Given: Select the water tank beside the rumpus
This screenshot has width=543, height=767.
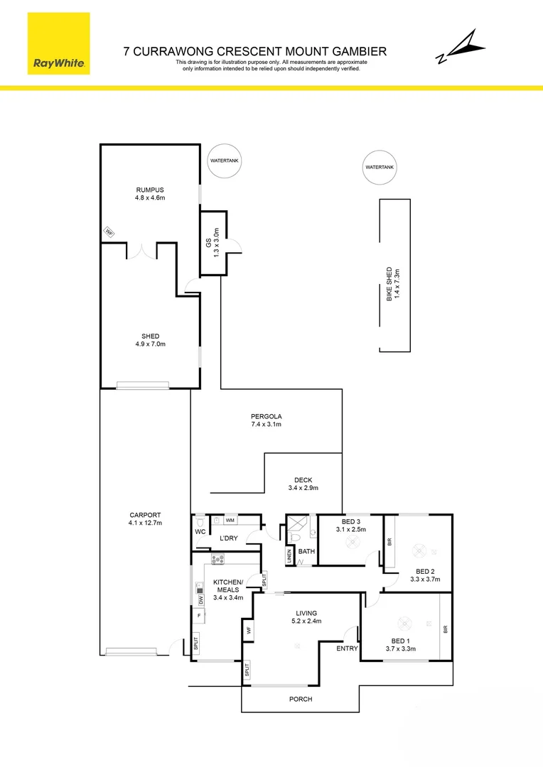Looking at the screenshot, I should coord(225,161).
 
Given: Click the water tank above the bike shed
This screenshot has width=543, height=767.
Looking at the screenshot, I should coord(379,168).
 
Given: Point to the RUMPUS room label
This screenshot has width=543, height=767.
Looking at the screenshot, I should coord(150,194).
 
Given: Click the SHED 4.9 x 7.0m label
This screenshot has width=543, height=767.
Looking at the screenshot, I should coord(150,340).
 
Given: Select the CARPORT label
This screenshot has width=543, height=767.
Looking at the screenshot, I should coord(146,519).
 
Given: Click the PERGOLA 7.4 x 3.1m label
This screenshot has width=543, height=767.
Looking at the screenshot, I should coord(267,420).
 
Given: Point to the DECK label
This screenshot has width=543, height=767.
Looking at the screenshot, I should coord(303,484).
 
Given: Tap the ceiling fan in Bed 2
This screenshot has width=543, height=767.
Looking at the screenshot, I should coord(418,550).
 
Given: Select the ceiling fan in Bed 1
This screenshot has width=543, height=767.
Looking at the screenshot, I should coord(404,624).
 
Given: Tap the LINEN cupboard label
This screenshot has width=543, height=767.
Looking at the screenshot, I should coord(289,556).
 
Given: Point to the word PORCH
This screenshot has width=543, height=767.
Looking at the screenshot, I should coord(300,699).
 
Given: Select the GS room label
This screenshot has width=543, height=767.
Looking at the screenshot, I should coord(210,241).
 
